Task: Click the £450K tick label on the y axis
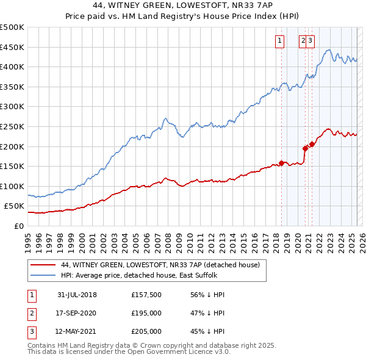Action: tap(12, 47)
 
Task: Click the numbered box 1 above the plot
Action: tap(280, 41)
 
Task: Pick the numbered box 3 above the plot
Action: tap(310, 41)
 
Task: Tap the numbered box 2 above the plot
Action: tap(303, 41)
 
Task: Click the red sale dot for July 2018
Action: tap(281, 163)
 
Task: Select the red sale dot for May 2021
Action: tap(312, 144)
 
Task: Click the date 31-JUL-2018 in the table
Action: tap(77, 295)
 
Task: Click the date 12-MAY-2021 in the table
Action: tap(77, 331)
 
